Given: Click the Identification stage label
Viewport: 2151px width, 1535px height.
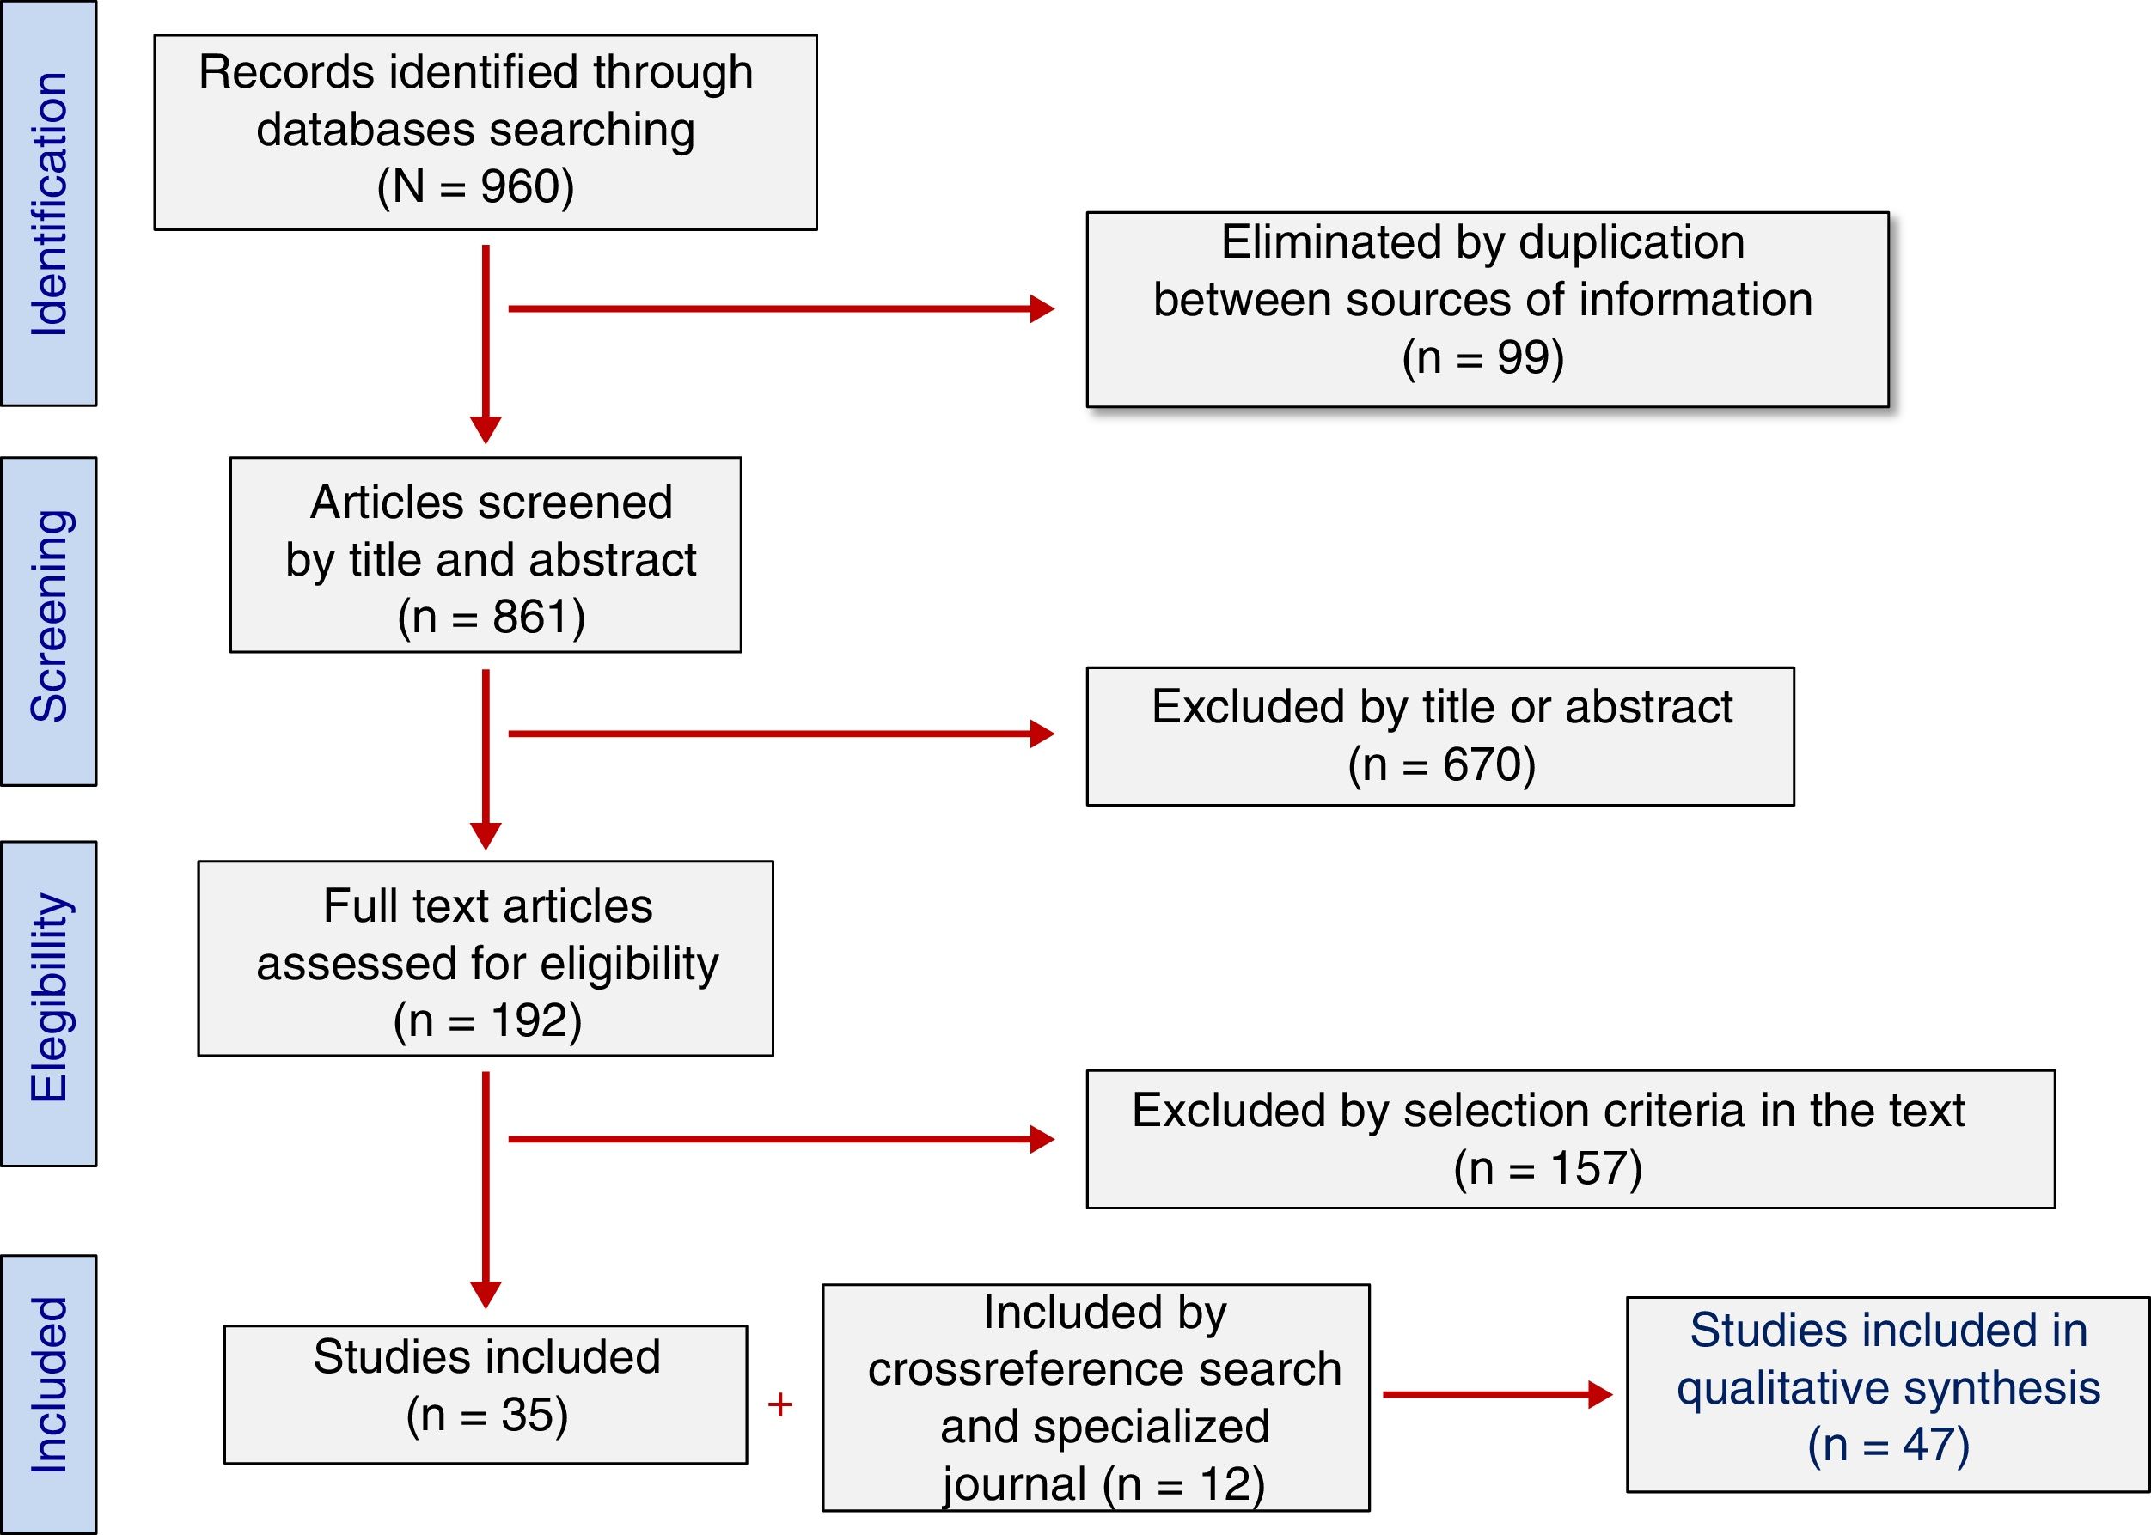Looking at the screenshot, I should click(x=49, y=204).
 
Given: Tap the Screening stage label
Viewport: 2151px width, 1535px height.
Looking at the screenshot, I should click(x=49, y=616).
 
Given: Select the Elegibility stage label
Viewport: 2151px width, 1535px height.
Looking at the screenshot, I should click(x=49, y=998).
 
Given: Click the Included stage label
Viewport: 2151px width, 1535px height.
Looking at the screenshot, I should click(x=49, y=1385).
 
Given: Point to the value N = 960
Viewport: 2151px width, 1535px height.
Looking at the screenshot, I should click(x=475, y=186).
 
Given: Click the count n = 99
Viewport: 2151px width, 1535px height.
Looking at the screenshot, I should click(x=1482, y=357).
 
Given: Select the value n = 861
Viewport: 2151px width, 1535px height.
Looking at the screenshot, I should click(x=492, y=618).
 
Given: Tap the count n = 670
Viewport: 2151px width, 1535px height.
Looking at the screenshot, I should click(x=1442, y=764).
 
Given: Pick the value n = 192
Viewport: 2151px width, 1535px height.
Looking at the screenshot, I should click(x=488, y=1020).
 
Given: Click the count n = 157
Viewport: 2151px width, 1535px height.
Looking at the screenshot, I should click(x=1548, y=1168).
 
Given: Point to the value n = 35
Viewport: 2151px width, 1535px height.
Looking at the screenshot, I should click(x=488, y=1415).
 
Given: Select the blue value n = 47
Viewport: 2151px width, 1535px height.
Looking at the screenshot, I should click(x=1888, y=1445).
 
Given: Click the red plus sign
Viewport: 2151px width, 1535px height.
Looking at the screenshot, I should click(x=780, y=1405).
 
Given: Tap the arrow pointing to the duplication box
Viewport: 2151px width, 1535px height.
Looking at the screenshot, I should click(x=780, y=308).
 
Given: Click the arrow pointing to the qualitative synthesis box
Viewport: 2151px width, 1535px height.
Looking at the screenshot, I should click(x=1497, y=1394).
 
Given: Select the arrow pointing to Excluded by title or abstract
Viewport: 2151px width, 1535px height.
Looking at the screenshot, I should click(x=780, y=734).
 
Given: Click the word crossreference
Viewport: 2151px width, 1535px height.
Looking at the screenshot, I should click(x=1104, y=1369).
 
